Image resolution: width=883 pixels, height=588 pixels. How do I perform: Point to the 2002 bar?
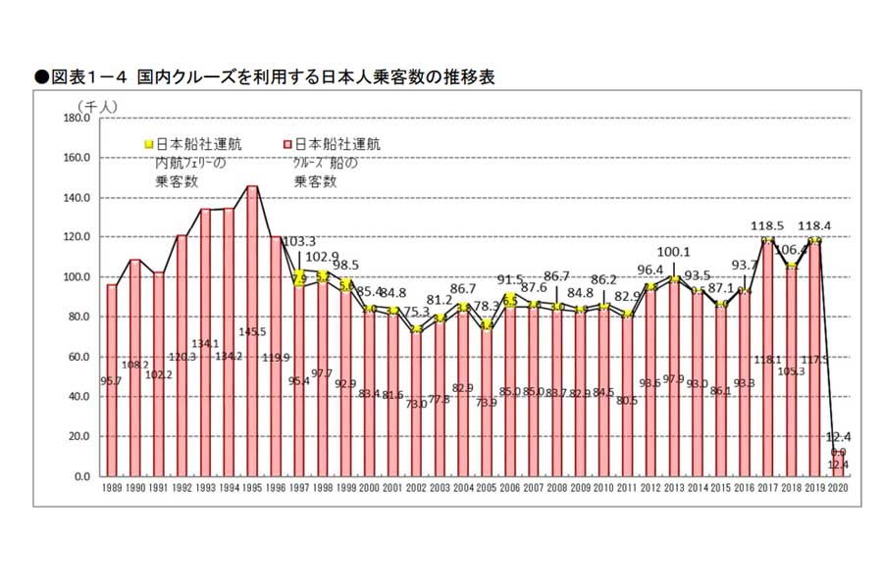(x=416, y=402)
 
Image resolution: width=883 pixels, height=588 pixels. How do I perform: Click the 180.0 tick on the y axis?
(x=76, y=118)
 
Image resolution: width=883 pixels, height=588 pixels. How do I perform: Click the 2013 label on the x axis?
(x=675, y=487)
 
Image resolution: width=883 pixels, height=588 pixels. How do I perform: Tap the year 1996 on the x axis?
(x=276, y=487)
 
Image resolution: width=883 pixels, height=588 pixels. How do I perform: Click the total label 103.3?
(x=300, y=241)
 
